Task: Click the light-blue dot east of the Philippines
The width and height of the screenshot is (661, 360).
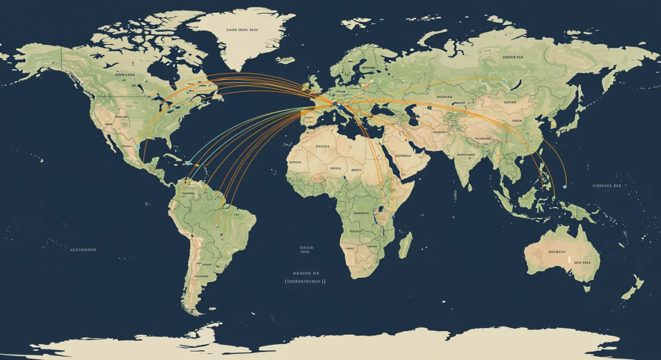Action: click(x=565, y=187)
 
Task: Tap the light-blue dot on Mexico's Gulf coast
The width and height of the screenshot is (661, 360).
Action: click(x=137, y=147)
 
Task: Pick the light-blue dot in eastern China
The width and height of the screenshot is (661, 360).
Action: click(x=528, y=133)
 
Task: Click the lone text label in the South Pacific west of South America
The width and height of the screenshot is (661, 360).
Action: click(x=83, y=250)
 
